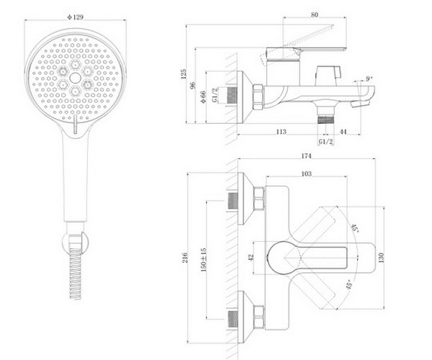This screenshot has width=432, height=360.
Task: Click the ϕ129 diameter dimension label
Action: coord(75,17)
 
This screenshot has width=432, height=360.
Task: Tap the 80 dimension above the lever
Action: coord(315,14)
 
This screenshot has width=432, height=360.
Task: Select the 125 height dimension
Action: coord(184,74)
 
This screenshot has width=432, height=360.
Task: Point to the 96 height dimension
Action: coord(193,85)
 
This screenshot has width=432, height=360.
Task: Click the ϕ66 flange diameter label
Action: coord(203,97)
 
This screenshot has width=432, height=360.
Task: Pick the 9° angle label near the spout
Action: coord(369,78)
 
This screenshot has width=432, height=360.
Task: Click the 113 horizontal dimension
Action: coord(282,132)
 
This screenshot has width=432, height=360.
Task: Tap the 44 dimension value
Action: coord(343,132)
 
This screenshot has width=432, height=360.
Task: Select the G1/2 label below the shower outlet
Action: coord(326,142)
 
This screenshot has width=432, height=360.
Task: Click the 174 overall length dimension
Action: coord(306,156)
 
